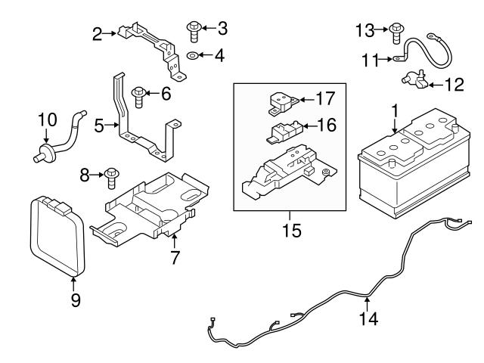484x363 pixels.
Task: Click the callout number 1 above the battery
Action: tap(394, 110)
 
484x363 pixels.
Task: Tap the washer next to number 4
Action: tap(192, 56)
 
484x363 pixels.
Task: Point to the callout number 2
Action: tap(97, 33)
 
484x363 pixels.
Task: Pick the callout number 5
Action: tap(98, 126)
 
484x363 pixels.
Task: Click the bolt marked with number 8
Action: tap(111, 176)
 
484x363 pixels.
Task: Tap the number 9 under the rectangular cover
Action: tap(75, 299)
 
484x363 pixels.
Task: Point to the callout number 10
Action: tap(47, 120)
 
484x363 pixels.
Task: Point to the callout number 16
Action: tap(325, 125)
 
